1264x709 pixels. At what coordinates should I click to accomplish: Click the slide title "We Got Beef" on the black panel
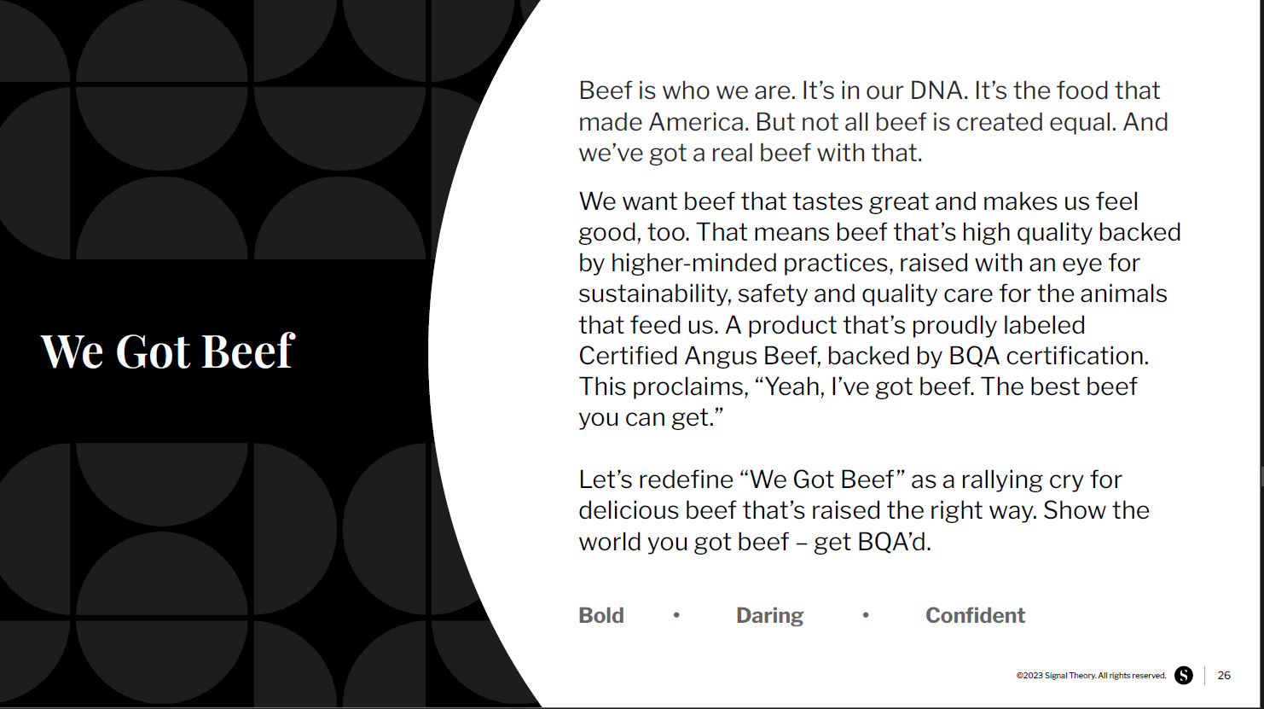click(167, 352)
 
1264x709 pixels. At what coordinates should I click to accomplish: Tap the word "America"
click(699, 122)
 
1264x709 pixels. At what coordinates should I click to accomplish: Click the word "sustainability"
click(654, 294)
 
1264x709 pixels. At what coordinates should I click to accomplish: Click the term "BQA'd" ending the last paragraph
click(894, 542)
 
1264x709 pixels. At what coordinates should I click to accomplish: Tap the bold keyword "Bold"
click(601, 615)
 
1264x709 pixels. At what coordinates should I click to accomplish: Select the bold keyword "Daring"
click(769, 616)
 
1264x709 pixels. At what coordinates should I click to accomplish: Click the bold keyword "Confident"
click(975, 615)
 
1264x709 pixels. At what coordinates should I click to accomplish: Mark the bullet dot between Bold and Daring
click(676, 615)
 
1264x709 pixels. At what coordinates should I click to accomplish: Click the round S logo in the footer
click(1184, 675)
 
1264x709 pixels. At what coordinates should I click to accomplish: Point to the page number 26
click(1224, 675)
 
